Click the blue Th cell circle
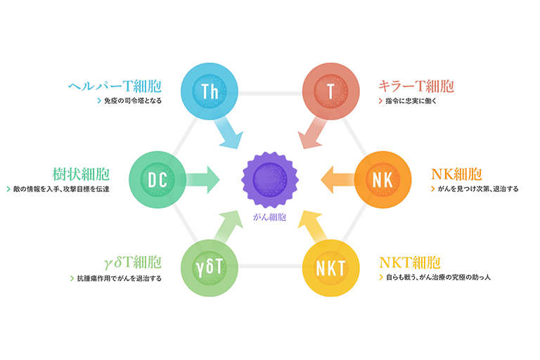pyautogui.click(x=209, y=91)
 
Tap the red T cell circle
pyautogui.click(x=330, y=91)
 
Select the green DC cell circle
pyautogui.click(x=157, y=179)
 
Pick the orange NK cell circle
pyautogui.click(x=382, y=179)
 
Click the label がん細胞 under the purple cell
pyautogui.click(x=270, y=217)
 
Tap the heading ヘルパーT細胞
pyautogui.click(x=115, y=86)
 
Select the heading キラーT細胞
pyautogui.click(x=416, y=86)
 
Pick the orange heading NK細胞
pyautogui.click(x=456, y=174)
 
